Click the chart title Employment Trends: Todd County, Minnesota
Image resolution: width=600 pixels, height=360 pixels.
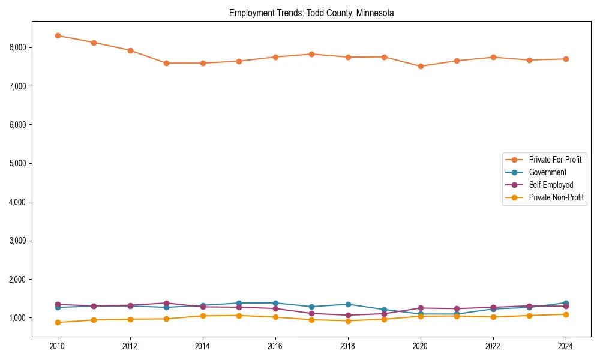coord(311,13)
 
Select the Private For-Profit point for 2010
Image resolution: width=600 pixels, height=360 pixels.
coord(58,35)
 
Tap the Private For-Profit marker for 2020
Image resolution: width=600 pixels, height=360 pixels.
coord(421,67)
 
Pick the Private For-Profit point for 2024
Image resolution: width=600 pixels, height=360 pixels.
coord(566,59)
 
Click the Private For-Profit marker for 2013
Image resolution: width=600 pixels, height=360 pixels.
coord(166,63)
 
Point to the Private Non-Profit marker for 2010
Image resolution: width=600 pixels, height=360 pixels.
coord(58,322)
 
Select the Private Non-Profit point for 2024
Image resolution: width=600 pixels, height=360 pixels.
coord(566,314)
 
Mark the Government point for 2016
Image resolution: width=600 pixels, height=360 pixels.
coord(275,303)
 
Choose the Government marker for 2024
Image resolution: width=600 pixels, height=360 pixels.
coord(566,303)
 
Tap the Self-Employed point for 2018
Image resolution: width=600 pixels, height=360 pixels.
coord(348,315)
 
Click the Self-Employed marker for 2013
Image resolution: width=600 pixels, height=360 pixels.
coord(166,303)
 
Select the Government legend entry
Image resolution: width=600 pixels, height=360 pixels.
coord(547,172)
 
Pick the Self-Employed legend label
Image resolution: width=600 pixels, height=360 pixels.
coord(551,185)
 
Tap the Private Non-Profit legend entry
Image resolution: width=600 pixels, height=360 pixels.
coord(556,197)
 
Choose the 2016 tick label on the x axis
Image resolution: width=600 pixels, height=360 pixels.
coord(275,346)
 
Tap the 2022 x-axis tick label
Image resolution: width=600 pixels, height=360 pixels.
coord(493,346)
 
